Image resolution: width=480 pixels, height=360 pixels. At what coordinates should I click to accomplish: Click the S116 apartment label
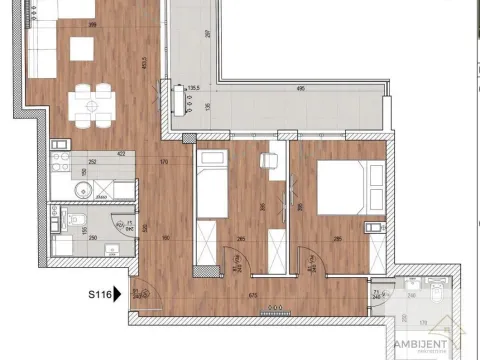coord(96,294)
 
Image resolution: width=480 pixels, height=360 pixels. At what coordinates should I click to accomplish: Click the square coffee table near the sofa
coord(81,47)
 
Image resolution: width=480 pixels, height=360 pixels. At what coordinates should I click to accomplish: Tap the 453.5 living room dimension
coord(145,62)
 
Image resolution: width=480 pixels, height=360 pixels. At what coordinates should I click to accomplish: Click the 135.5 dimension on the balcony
coord(194,88)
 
